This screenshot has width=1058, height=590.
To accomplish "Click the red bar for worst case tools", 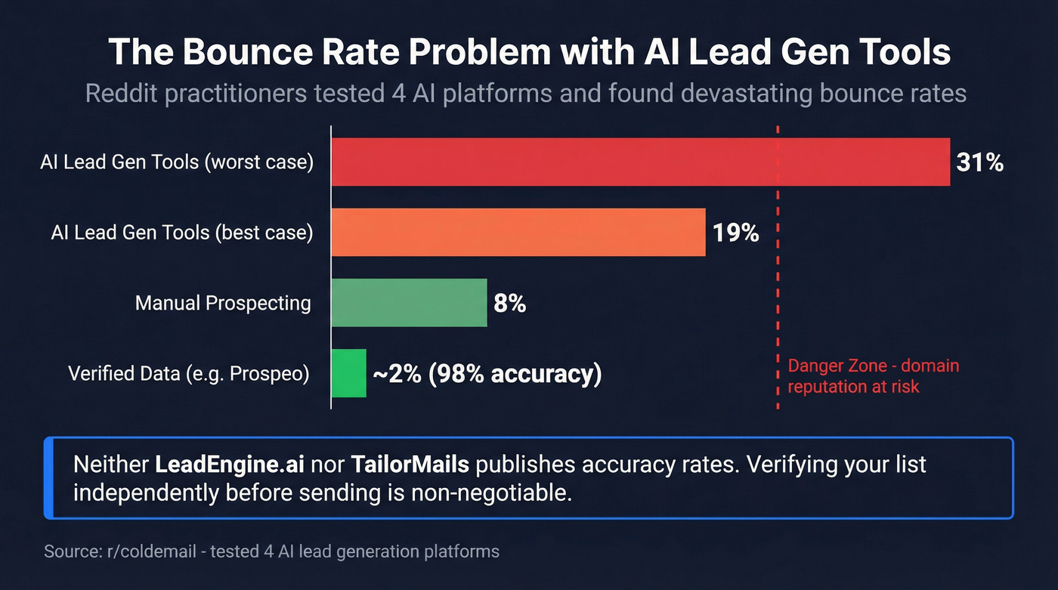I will [640, 162].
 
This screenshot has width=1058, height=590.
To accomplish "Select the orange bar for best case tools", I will [518, 233].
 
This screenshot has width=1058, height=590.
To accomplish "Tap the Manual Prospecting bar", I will [409, 303].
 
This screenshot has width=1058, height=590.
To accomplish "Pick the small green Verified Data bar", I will [348, 373].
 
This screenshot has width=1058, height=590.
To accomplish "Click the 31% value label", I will [979, 162].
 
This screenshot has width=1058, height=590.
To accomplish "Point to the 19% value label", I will [735, 233].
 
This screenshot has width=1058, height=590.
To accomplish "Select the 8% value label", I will [509, 304].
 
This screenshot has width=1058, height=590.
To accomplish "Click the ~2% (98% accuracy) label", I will [486, 374].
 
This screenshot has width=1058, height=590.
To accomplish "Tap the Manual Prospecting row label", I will [223, 304].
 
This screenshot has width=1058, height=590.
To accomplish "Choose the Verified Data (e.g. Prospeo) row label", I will [189, 374].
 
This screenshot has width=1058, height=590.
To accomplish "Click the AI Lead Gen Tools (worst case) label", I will [177, 162].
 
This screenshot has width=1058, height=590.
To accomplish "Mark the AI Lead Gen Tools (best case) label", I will [182, 233].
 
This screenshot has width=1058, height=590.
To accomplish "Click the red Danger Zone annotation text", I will [873, 376].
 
